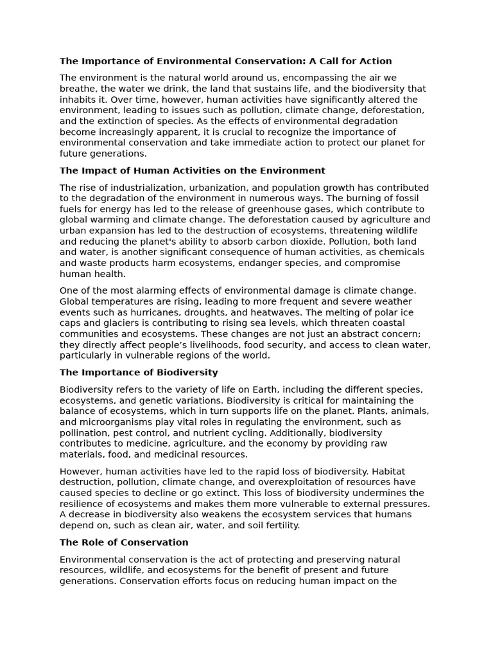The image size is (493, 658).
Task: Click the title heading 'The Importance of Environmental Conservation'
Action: (x=225, y=62)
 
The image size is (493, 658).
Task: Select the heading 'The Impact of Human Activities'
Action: (x=192, y=171)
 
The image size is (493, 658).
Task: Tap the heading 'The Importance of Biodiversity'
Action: (x=139, y=373)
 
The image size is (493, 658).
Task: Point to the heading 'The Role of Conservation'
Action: (x=124, y=543)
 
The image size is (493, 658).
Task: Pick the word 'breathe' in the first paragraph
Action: (x=78, y=89)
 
